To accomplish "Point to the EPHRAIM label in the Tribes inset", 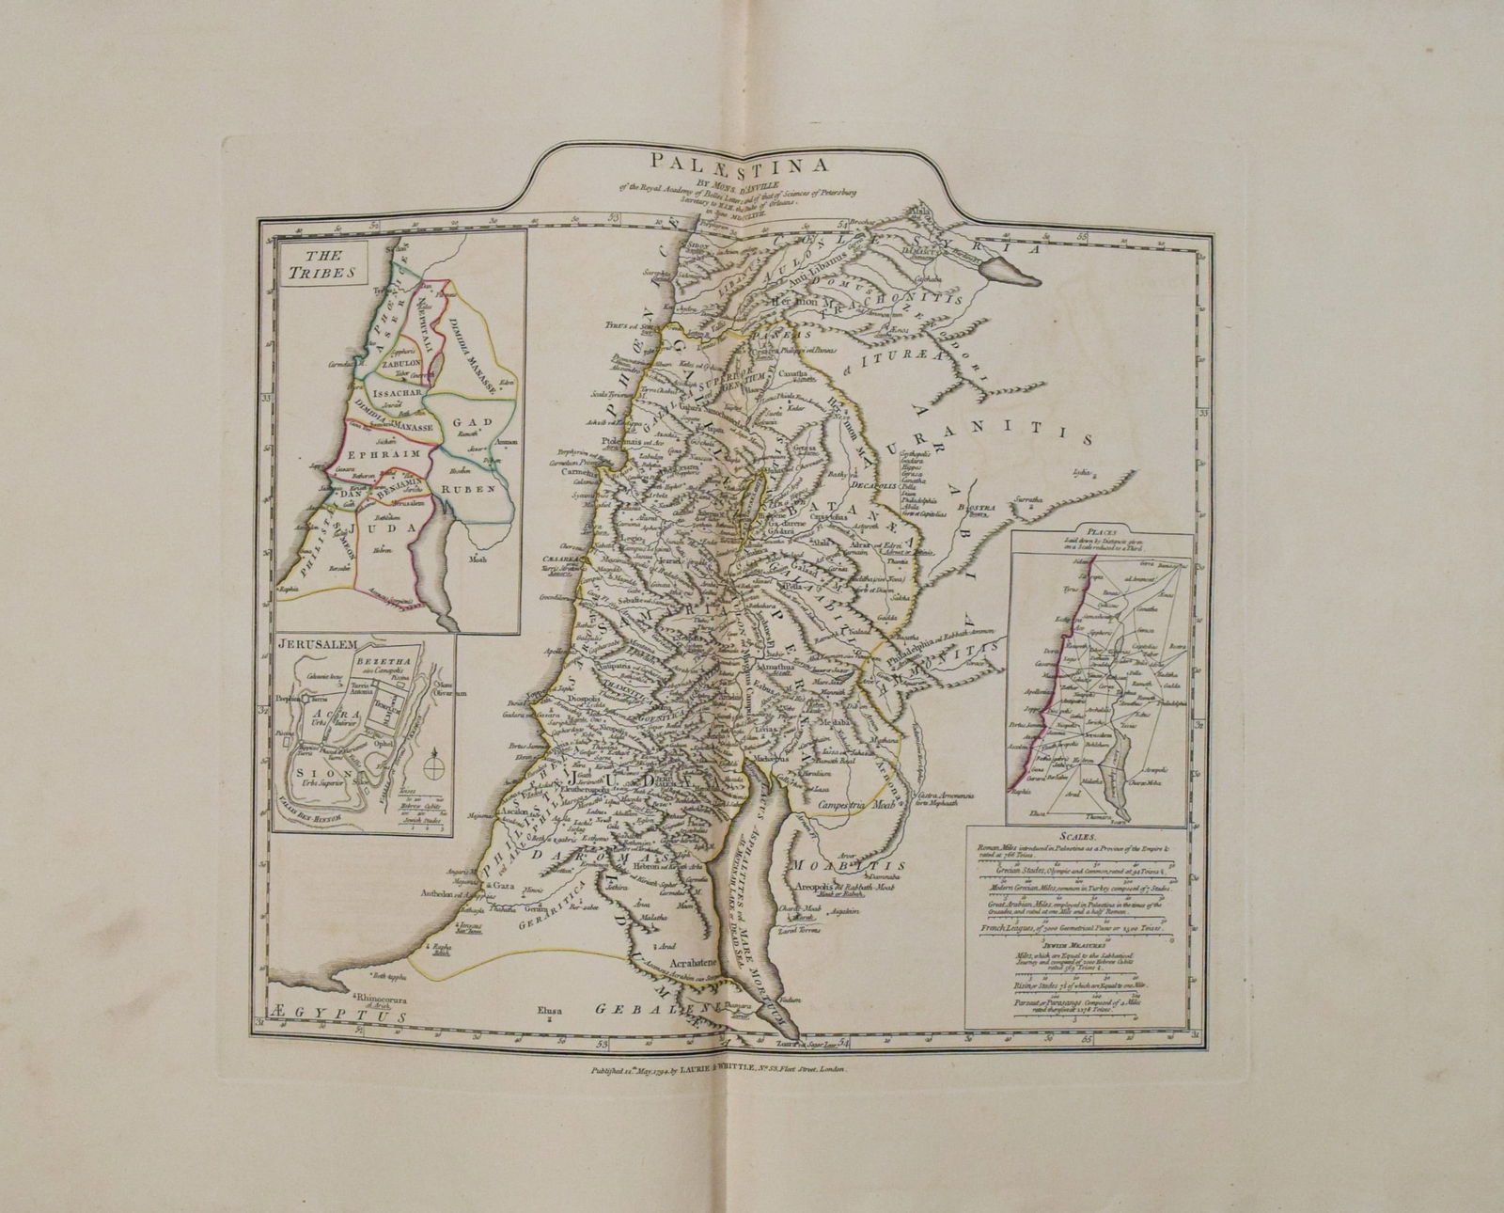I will click(x=380, y=452).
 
